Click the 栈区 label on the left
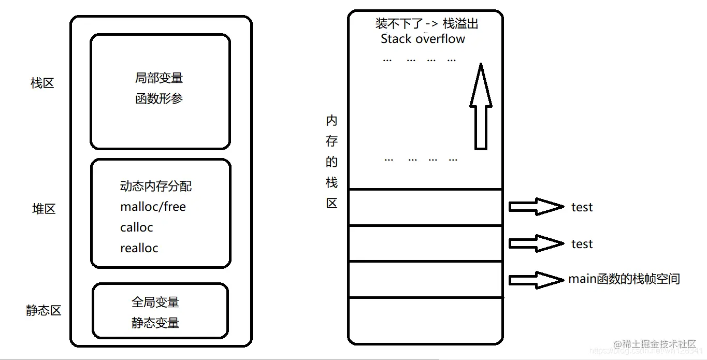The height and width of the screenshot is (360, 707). point(42,83)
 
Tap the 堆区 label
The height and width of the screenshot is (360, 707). point(44,209)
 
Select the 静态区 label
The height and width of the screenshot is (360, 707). point(44,310)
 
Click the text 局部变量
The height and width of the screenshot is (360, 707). point(159,78)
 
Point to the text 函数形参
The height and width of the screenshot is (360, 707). point(159,98)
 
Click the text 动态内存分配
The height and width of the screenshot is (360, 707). point(155,186)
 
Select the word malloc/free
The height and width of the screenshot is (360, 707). point(153,207)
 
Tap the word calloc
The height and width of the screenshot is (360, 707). point(137,227)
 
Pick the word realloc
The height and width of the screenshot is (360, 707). point(139,248)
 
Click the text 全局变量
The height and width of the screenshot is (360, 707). point(155,302)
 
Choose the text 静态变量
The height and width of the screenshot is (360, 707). point(155,323)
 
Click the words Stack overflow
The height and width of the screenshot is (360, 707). point(423,39)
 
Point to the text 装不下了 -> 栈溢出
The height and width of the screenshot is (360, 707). point(427,24)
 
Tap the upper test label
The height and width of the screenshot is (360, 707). point(582,207)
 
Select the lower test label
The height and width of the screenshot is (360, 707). point(582,244)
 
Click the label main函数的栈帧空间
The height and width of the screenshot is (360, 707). point(624,279)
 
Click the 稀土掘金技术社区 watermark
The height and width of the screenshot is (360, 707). point(655,344)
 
